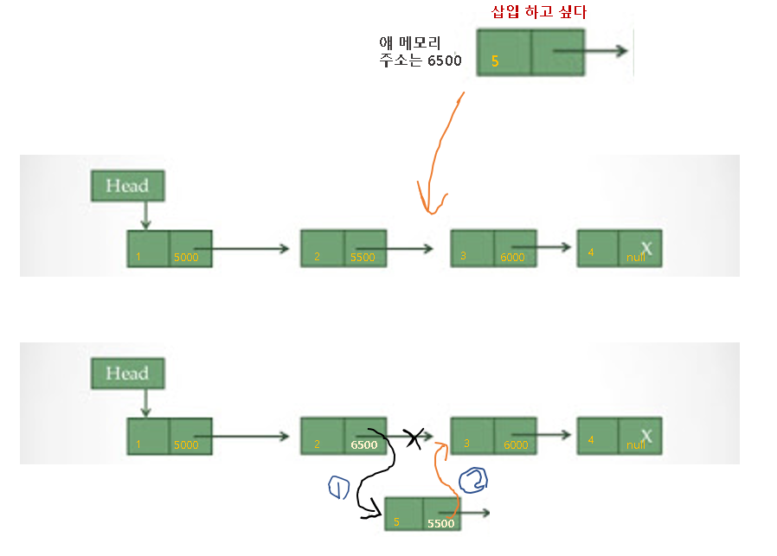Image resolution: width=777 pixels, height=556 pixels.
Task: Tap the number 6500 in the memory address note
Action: pos(444,61)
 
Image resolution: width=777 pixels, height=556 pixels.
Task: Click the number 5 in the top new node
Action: pos(495,61)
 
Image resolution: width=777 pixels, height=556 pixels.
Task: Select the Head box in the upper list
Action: pos(126,185)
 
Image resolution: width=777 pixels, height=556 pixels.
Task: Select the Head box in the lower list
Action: pos(126,374)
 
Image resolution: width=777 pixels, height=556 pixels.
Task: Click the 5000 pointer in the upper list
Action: pos(186,258)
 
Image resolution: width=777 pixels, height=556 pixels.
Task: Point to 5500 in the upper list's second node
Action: pos(363,258)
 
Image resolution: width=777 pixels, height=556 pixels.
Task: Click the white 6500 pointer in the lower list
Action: pos(363,444)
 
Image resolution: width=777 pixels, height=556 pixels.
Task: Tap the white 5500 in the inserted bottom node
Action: pos(441,523)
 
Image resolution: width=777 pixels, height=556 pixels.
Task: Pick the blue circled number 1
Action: pos(338,489)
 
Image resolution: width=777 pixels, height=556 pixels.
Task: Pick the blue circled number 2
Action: pos(473,480)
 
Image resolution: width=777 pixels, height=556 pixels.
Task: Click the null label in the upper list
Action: pos(636,258)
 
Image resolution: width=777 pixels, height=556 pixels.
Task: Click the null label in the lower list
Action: pos(636,445)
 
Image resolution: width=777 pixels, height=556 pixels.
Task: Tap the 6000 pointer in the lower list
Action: pos(516,445)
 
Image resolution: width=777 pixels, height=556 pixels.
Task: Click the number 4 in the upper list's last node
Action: pos(591,252)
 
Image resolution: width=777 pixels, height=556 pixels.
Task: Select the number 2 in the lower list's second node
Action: pos(318,444)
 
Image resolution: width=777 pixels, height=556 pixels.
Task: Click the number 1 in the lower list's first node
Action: pos(138,445)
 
